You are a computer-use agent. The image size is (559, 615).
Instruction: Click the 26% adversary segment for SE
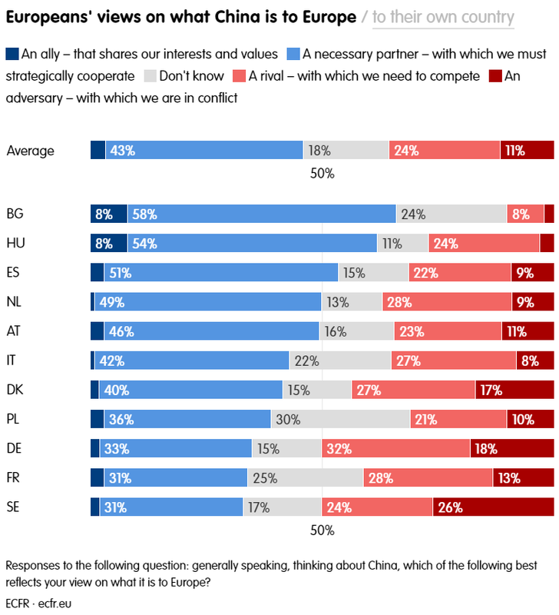[494, 507]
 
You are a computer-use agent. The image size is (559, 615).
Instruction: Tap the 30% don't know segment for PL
[340, 419]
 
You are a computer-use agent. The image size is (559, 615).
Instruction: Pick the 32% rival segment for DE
[395, 448]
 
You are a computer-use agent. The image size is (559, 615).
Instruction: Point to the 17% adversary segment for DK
[514, 390]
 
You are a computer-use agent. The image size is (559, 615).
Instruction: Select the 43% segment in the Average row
[204, 151]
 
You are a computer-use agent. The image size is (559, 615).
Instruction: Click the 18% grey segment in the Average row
[346, 151]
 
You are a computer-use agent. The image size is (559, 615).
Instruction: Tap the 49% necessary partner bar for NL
[207, 302]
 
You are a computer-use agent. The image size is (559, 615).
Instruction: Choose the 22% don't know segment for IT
[340, 361]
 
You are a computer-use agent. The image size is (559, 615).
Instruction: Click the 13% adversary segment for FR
[523, 477]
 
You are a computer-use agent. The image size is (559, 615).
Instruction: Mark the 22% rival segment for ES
[460, 273]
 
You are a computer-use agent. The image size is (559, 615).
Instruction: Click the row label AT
[14, 331]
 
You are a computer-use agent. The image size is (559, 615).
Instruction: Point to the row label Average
[30, 151]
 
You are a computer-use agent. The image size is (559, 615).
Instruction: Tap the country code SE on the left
[13, 507]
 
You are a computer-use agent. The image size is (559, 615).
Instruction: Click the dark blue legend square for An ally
[12, 54]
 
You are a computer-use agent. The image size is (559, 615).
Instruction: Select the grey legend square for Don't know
[150, 76]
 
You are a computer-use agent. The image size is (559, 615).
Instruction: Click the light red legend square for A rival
[239, 76]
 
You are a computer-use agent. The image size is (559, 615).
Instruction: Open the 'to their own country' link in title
[443, 18]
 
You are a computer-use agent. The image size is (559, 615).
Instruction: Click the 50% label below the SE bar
[322, 530]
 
